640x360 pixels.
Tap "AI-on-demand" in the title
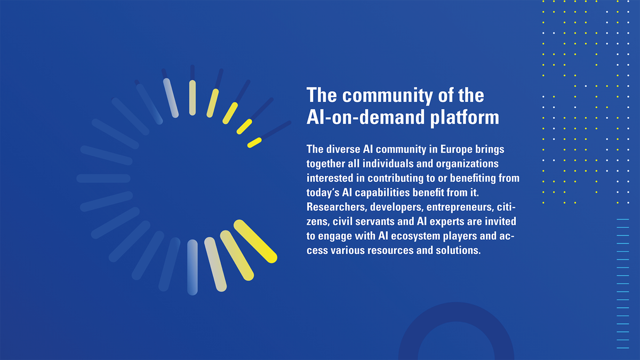[x=366, y=117]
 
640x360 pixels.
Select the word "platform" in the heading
[x=465, y=118]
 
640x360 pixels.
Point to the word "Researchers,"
[x=337, y=207]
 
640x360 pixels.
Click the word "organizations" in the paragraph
[x=467, y=164]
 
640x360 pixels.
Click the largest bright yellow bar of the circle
[x=255, y=242]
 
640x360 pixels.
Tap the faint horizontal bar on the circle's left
[x=103, y=178]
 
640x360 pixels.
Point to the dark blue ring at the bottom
[x=409, y=331]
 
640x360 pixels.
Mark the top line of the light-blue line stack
[x=623, y=219]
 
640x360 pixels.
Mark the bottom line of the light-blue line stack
[x=623, y=348]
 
